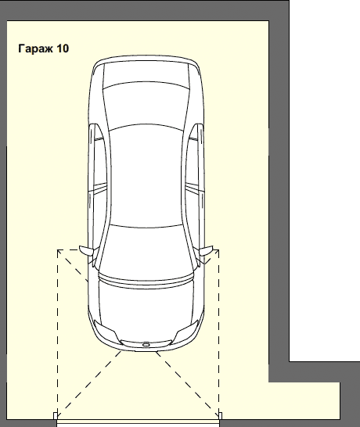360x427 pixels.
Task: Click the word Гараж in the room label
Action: [36, 48]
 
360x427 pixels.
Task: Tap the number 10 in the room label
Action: [63, 48]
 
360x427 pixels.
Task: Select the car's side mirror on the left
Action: [87, 250]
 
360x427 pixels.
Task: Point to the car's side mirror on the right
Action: [206, 250]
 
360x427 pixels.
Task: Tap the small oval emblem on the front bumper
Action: [146, 345]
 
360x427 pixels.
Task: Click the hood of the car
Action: [146, 307]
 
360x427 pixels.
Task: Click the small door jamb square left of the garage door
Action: [56, 416]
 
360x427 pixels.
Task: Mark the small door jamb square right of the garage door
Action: [221, 416]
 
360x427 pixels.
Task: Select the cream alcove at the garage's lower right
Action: [304, 400]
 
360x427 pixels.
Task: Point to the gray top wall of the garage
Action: [145, 10]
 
